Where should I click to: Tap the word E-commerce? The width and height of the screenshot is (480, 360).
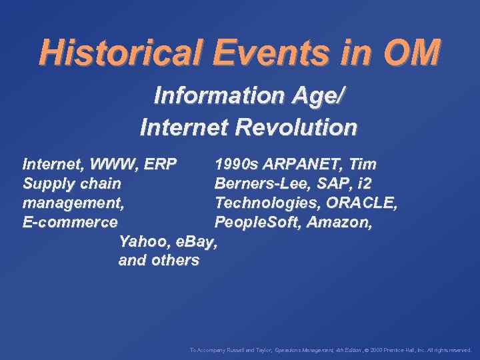(70, 222)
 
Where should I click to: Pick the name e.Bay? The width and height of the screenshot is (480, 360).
(196, 241)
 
